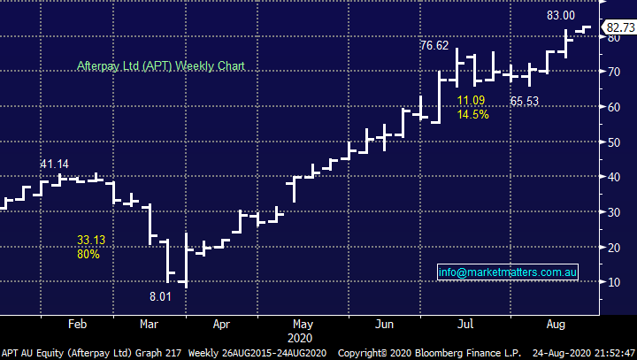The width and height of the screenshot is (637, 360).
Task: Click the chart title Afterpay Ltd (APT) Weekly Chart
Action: [x=160, y=66]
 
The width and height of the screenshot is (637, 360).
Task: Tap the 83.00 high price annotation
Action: [x=560, y=15]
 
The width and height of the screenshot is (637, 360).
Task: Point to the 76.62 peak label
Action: [x=435, y=45]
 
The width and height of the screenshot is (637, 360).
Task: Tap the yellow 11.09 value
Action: [x=472, y=101]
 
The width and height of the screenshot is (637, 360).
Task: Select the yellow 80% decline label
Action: [x=88, y=254]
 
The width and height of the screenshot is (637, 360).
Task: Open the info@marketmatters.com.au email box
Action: [x=509, y=272]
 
